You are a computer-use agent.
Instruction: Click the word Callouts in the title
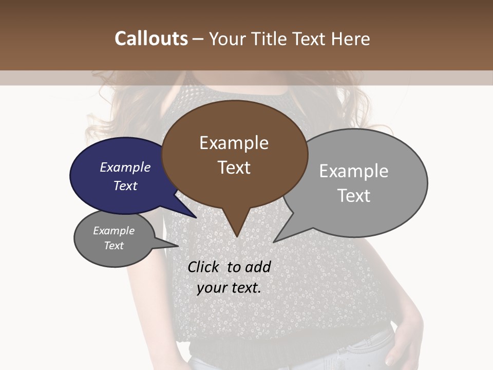point(151,39)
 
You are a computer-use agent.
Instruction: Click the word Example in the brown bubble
point(234,143)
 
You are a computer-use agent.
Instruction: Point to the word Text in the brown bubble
point(234,168)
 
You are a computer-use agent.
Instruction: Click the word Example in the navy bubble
point(125,167)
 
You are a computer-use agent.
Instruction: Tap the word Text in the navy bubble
point(125,186)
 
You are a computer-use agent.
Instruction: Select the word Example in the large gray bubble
point(353,171)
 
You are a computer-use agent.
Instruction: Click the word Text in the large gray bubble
point(354,196)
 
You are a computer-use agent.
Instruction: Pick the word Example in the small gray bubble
point(113,231)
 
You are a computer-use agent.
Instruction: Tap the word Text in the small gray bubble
point(114,246)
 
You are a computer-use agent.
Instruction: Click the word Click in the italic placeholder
point(204,267)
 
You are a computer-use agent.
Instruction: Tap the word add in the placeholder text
point(258,267)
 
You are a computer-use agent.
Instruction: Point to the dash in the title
point(199,39)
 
